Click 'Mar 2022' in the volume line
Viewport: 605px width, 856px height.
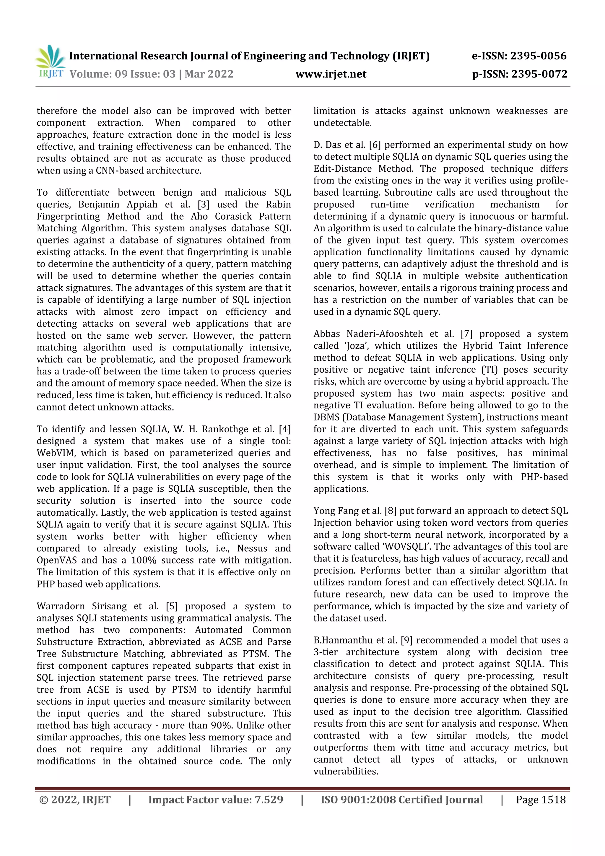coord(209,74)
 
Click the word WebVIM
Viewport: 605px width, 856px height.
coord(56,453)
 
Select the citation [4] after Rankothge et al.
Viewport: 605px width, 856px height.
coord(285,429)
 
